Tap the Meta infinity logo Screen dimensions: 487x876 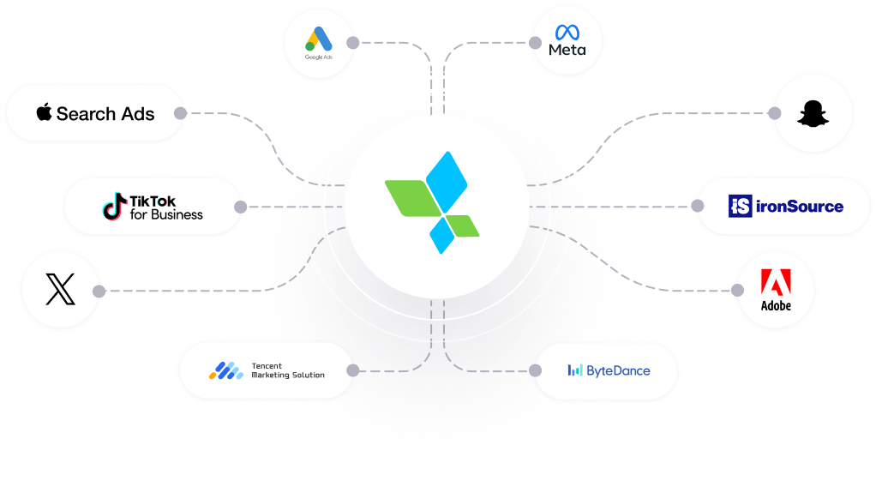567,33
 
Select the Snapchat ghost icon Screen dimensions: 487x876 810,114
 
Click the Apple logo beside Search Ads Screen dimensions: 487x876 45,112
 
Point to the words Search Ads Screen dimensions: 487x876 105,113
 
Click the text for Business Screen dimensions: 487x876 166,214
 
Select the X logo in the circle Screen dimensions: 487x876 59,290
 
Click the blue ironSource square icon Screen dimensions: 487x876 740,206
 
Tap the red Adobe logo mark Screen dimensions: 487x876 776,282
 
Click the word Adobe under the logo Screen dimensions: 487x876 776,306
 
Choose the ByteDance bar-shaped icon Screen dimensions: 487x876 574,370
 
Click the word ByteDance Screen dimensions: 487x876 618,371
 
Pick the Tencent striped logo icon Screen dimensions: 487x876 226,370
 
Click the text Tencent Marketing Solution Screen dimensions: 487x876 287,370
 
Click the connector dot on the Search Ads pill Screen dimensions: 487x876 179,113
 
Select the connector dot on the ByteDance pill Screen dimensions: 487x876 536,370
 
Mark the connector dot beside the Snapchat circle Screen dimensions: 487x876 775,113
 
